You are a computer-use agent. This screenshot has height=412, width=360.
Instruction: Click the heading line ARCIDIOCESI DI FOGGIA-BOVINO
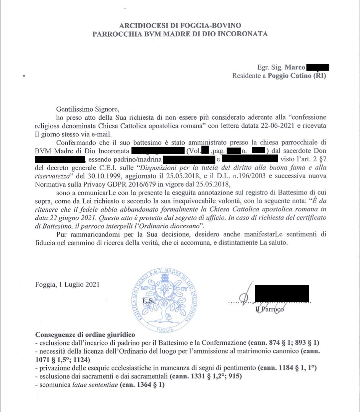[x=180, y=26]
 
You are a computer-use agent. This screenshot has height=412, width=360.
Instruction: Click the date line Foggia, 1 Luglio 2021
[x=67, y=284]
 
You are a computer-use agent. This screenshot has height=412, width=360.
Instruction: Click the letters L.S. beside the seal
[x=148, y=301]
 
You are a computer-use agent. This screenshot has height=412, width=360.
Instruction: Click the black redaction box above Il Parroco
[x=282, y=294]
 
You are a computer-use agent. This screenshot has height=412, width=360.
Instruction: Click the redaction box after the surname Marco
[x=318, y=68]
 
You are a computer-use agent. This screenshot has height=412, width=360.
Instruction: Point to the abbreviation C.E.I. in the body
[x=103, y=167]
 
